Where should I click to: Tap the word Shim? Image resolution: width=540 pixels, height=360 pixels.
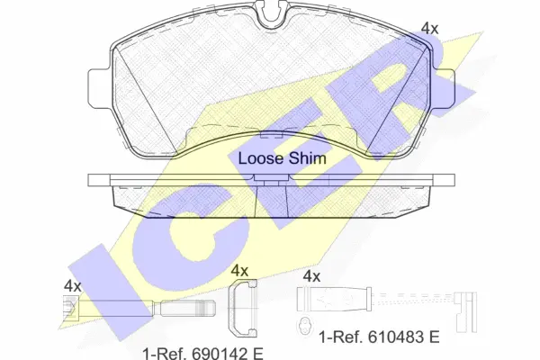pyautogui.click(x=307, y=158)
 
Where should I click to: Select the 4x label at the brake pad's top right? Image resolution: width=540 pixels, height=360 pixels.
pyautogui.click(x=430, y=29)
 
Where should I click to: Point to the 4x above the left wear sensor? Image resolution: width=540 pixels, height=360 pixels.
pyautogui.click(x=72, y=286)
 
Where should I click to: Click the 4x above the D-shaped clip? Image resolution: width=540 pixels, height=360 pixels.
pyautogui.click(x=239, y=270)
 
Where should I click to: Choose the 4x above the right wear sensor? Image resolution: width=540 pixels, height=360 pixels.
pyautogui.click(x=311, y=276)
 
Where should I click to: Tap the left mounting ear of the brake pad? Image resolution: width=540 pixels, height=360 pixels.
pyautogui.click(x=99, y=88)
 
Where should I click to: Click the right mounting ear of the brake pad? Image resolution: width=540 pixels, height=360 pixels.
pyautogui.click(x=445, y=88)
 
